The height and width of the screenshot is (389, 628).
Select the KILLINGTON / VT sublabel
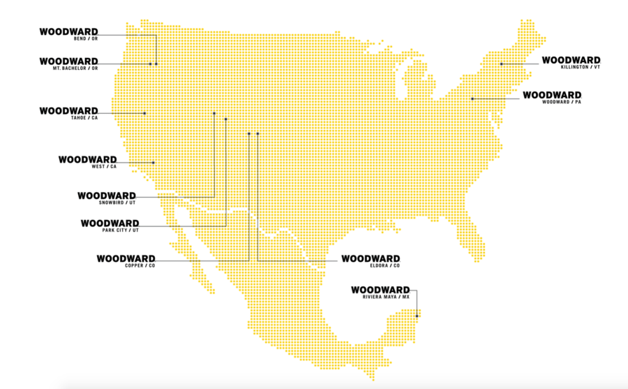579,68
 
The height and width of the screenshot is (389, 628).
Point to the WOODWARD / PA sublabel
563,103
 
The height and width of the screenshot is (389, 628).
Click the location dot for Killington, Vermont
501,64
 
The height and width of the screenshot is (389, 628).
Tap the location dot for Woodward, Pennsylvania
472,98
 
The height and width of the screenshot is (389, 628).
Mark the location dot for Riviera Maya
417,316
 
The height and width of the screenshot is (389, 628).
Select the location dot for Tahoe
144,113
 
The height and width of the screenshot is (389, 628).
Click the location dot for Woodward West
154,162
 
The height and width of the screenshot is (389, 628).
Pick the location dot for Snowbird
214,112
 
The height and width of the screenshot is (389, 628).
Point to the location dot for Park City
226,119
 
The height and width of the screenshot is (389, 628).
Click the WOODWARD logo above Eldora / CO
371,258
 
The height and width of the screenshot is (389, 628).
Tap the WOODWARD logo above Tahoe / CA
68,110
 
